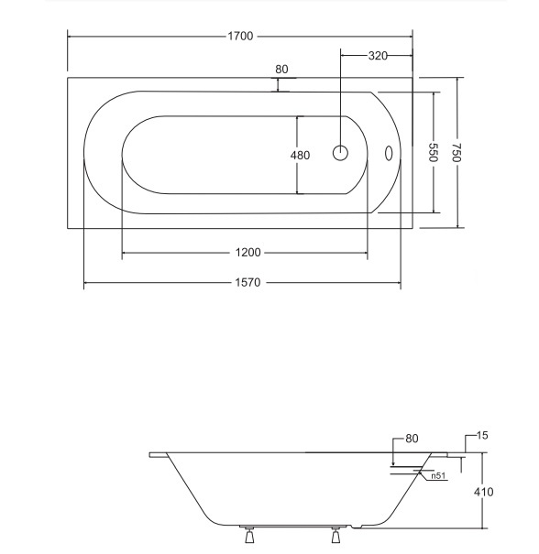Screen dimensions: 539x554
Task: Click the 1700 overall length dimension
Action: click(240, 36)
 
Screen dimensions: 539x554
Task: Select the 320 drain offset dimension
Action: click(378, 56)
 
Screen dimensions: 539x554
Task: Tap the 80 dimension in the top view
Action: click(281, 70)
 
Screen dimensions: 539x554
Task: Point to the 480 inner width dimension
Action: click(300, 155)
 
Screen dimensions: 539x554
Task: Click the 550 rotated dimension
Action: click(434, 152)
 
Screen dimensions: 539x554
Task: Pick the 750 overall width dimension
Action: click(456, 152)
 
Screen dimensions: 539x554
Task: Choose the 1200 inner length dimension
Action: click(247, 252)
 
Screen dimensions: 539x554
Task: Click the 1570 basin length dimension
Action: click(247, 282)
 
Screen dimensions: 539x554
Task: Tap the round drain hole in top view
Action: click(340, 153)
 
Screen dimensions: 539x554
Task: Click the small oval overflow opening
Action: click(389, 153)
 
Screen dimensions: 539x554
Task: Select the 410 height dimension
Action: click(483, 492)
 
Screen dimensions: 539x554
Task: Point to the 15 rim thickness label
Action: click(482, 435)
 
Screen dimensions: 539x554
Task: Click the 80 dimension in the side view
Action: click(412, 439)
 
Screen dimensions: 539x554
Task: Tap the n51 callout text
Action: click(438, 475)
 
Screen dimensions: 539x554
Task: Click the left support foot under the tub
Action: click(249, 535)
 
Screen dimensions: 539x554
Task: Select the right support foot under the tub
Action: click(335, 535)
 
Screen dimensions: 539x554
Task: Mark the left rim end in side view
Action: click(150, 455)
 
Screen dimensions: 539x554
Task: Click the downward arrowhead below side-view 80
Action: click(393, 463)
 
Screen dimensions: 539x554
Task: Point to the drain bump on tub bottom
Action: click(357, 527)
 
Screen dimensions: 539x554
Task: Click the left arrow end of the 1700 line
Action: click(68, 36)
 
